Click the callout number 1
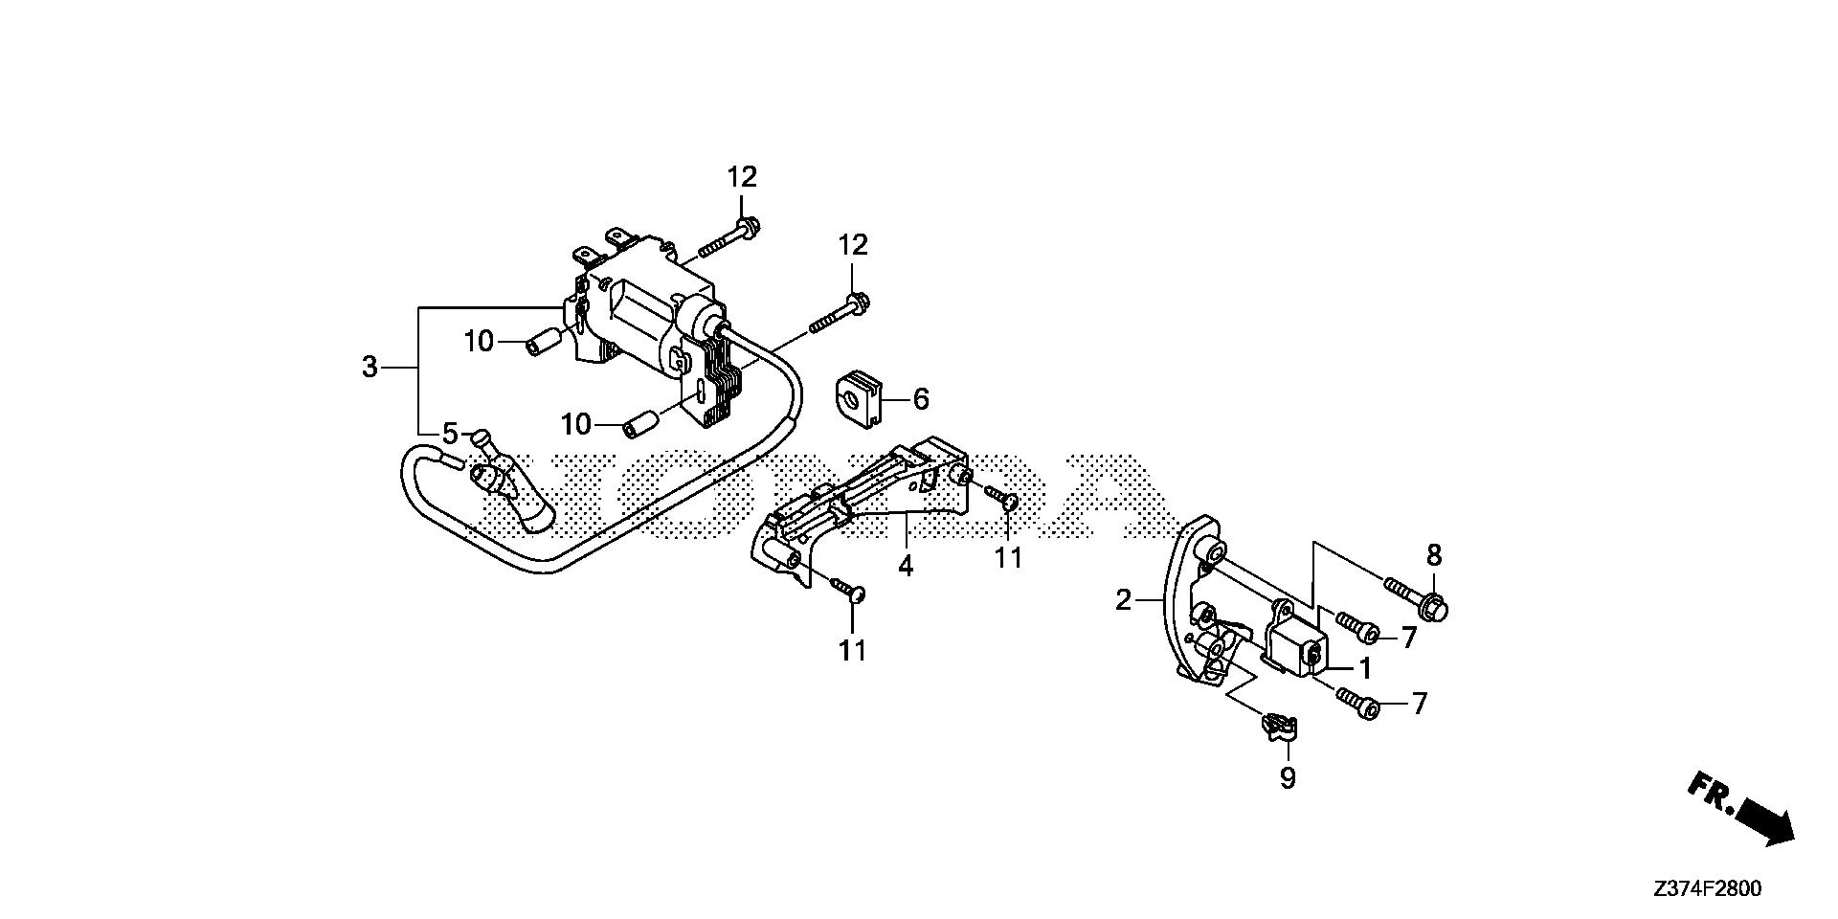click(1366, 667)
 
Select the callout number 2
click(1124, 600)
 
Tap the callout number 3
click(370, 367)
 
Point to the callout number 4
click(906, 566)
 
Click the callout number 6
click(921, 398)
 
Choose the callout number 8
click(1434, 555)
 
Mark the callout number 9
click(1288, 778)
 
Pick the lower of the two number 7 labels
click(1419, 705)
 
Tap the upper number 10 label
click(480, 340)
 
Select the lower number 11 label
click(852, 650)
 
